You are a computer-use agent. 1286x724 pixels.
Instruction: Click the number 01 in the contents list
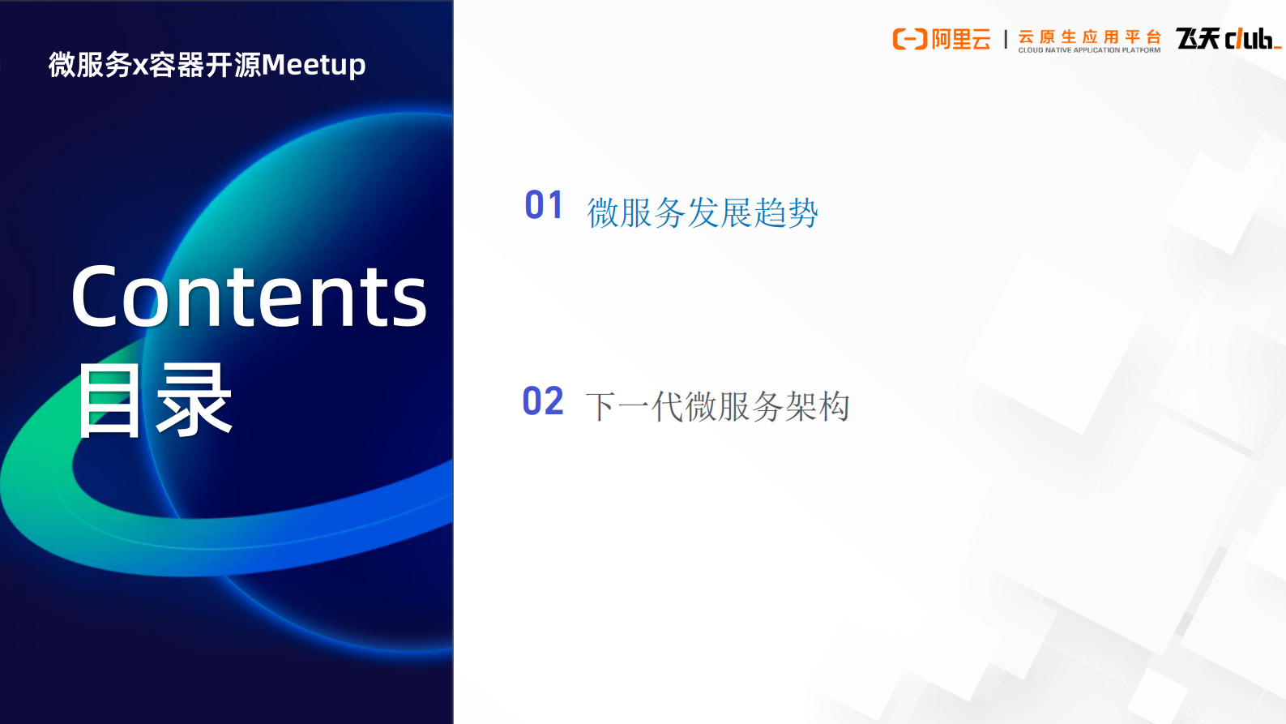pyautogui.click(x=543, y=205)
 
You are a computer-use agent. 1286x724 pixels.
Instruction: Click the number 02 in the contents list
pyautogui.click(x=542, y=401)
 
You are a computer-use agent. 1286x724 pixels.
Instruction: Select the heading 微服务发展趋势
pyautogui.click(x=702, y=213)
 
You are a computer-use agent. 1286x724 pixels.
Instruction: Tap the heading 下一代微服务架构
pyautogui.click(x=717, y=406)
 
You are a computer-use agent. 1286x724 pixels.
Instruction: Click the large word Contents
pyautogui.click(x=249, y=298)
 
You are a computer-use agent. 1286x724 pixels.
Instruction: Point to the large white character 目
pyautogui.click(x=109, y=401)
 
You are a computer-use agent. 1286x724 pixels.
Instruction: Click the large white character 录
pyautogui.click(x=194, y=401)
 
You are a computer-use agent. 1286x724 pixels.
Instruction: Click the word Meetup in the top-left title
pyautogui.click(x=314, y=65)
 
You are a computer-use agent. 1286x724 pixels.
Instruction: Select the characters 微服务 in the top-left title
pyautogui.click(x=89, y=65)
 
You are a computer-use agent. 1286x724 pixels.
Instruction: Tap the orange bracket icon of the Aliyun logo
pyautogui.click(x=909, y=39)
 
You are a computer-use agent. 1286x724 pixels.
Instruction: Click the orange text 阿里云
pyautogui.click(x=961, y=39)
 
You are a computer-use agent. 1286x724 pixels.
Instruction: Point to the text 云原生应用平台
pyautogui.click(x=1089, y=36)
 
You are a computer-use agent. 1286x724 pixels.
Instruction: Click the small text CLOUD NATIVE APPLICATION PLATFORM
pyautogui.click(x=1089, y=50)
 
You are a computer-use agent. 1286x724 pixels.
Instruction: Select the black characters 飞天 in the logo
pyautogui.click(x=1198, y=38)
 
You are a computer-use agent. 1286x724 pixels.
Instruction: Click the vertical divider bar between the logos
pyautogui.click(x=1006, y=40)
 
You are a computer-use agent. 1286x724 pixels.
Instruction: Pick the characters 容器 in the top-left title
pyautogui.click(x=176, y=65)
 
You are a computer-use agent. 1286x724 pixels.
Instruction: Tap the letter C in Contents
pyautogui.click(x=96, y=298)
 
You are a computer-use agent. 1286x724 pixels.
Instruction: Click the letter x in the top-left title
pyautogui.click(x=139, y=66)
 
